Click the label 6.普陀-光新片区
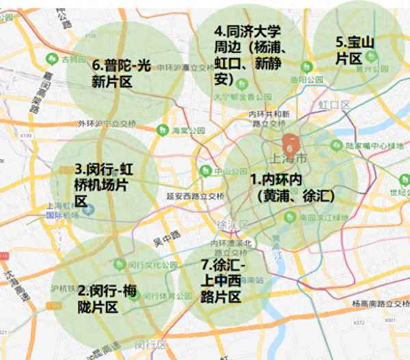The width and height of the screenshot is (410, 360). pyautogui.click(x=121, y=73)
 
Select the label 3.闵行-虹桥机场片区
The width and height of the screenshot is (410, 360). pyautogui.click(x=102, y=184)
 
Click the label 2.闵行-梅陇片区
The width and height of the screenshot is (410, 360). pyautogui.click(x=107, y=298)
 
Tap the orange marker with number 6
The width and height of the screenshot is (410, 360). pyautogui.click(x=290, y=146)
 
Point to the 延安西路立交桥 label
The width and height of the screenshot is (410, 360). pyautogui.click(x=195, y=195)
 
